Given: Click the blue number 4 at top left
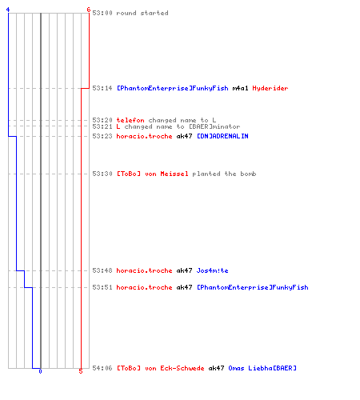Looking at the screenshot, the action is (8, 10).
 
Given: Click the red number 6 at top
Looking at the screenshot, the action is (89, 10).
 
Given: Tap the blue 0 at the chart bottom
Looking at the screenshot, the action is (40, 371).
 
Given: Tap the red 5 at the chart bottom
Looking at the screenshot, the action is (81, 371).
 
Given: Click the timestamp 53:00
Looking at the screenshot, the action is (102, 13).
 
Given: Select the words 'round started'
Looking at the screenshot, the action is (142, 13).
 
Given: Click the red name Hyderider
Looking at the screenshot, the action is (270, 88).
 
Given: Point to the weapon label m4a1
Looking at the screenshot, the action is (240, 88).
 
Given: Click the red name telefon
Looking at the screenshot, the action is (130, 120).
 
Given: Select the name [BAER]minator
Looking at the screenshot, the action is (214, 126).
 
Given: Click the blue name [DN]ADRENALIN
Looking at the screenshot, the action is (222, 136).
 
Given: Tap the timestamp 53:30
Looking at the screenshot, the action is (102, 174).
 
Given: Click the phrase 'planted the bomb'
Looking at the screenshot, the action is (224, 174).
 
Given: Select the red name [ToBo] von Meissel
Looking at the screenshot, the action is (153, 174).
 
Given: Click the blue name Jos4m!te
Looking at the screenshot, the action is (212, 270).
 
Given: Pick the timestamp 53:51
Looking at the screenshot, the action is (102, 287).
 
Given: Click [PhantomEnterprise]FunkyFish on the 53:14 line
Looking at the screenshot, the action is (173, 88).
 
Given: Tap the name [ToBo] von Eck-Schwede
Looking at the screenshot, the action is (161, 368).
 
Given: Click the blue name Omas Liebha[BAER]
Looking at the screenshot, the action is (262, 368).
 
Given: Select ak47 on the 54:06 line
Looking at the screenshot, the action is (216, 368).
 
